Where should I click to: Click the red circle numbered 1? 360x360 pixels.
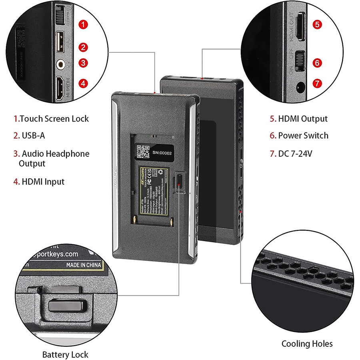[x=83, y=24]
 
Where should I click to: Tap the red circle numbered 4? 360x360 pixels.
[x=83, y=83]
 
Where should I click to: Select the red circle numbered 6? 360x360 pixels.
[x=316, y=63]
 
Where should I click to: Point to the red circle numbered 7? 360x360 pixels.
[x=317, y=83]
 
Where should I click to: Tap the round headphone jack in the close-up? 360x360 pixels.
[x=61, y=63]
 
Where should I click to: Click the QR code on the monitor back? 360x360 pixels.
[x=143, y=152]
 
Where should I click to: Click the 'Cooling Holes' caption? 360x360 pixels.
[x=307, y=344]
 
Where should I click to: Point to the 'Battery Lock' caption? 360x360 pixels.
[x=65, y=354]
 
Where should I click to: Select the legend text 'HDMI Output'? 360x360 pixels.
[x=302, y=119]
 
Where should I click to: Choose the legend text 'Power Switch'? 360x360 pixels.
[x=303, y=136]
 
